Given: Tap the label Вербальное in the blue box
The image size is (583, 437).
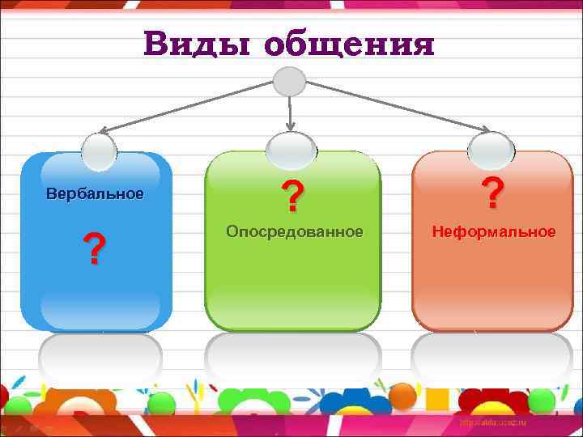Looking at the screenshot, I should (x=95, y=194).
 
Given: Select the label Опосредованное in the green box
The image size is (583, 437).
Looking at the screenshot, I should (x=295, y=232).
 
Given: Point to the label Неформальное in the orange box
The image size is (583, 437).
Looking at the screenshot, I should (x=494, y=232).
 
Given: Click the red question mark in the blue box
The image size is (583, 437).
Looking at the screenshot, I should (x=96, y=249).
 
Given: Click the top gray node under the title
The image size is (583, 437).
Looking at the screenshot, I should (x=290, y=81).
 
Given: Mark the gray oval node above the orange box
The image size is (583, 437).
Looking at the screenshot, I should (x=492, y=149).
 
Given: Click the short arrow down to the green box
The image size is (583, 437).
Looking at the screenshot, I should (x=290, y=113).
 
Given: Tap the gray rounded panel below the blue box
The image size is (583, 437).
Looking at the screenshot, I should (x=100, y=359).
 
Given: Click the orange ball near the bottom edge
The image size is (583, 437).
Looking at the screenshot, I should (x=402, y=395).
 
